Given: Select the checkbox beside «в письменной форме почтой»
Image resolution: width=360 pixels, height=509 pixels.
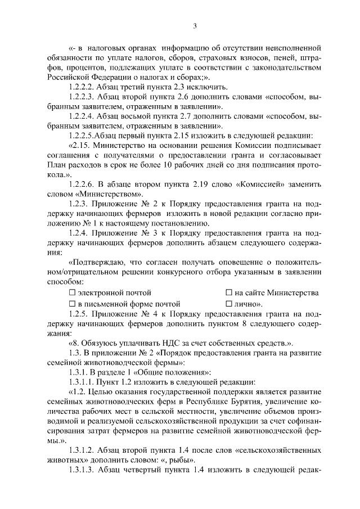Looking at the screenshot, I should [72, 304].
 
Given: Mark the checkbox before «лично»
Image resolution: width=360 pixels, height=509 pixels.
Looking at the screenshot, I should [229, 304].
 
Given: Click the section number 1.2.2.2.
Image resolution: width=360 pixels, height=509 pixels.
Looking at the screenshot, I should [83, 87].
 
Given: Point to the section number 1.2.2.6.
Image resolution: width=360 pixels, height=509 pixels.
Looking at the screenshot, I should [83, 184].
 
